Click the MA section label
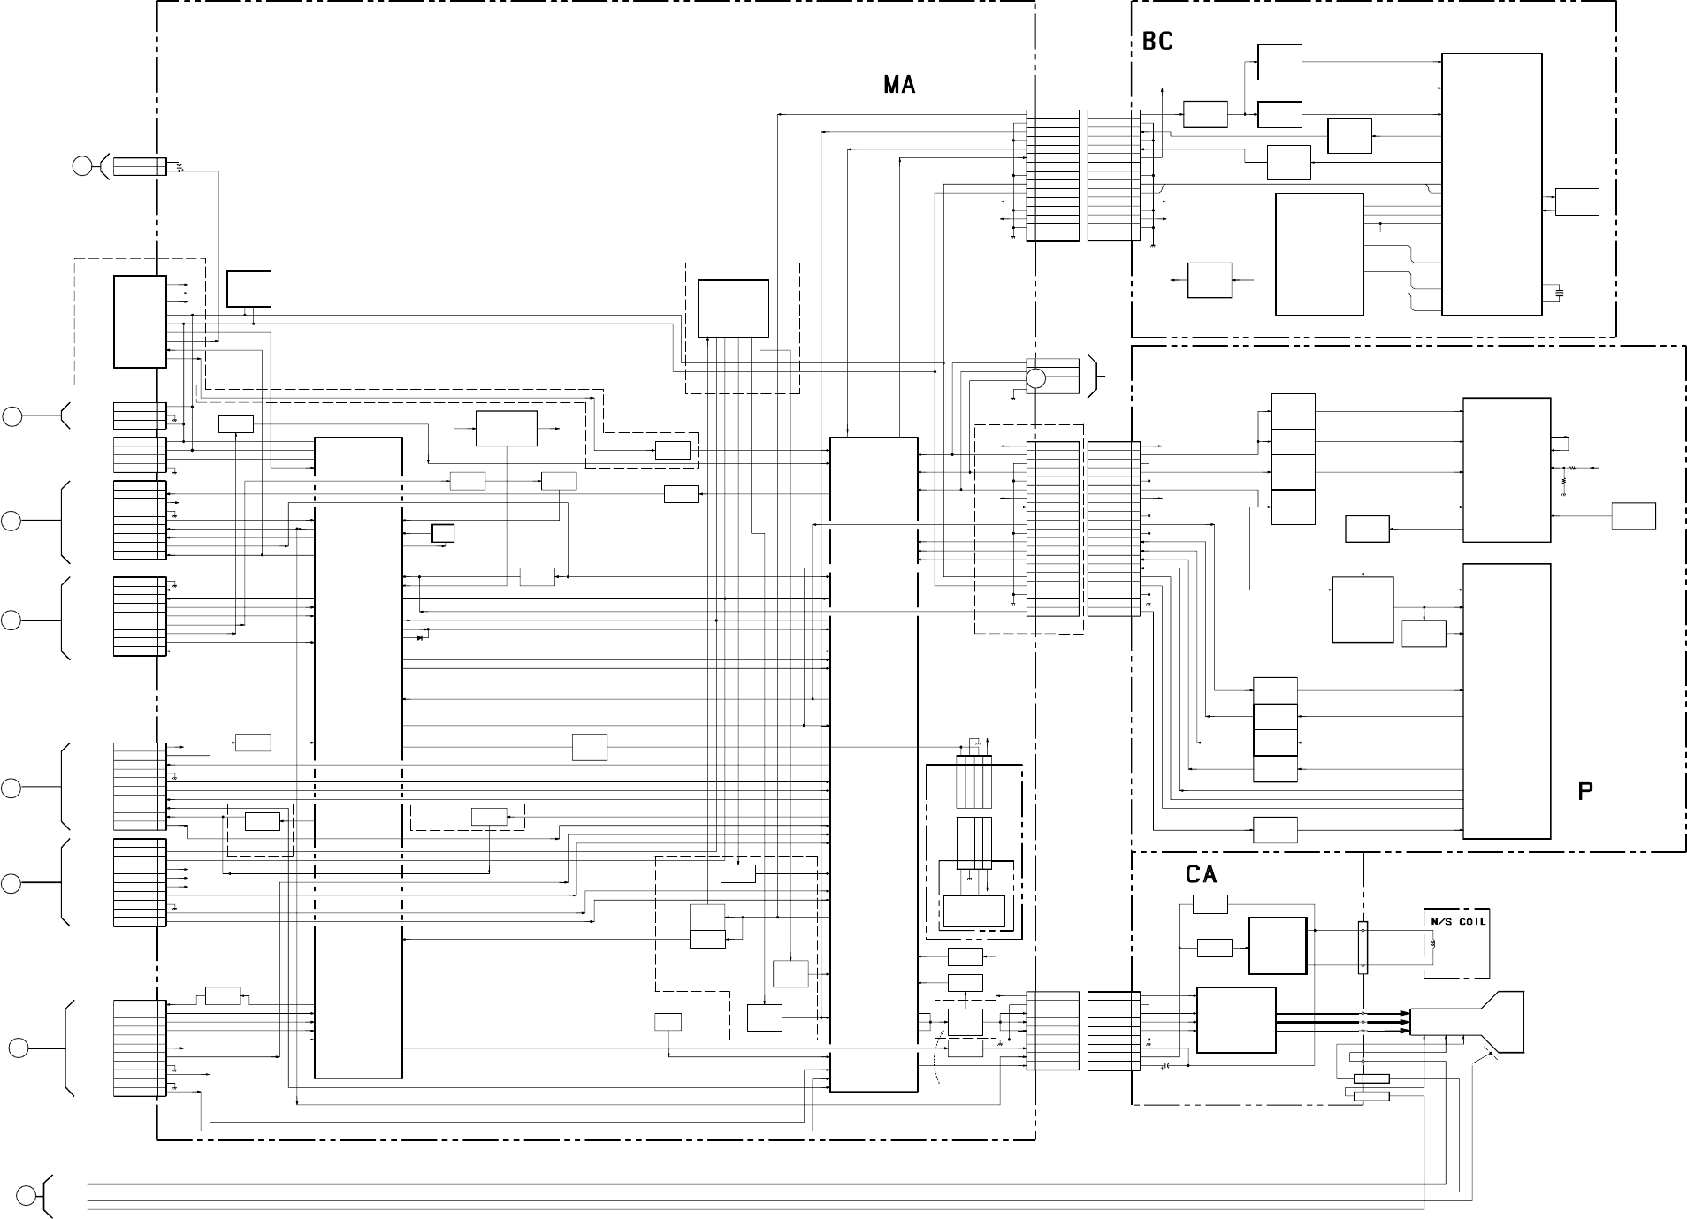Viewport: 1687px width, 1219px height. pos(899,85)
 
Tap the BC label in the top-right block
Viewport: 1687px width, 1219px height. pos(1157,42)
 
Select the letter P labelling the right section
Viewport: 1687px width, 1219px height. pos(1585,792)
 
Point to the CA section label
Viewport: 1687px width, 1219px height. pos(1201,874)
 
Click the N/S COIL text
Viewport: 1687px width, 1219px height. pos(1457,921)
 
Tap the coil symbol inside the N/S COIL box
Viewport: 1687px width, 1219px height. pos(1433,945)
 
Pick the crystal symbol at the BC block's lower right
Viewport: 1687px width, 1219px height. pos(1559,292)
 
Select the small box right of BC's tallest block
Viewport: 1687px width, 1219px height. pos(1576,202)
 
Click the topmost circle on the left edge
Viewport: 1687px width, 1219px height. pos(82,165)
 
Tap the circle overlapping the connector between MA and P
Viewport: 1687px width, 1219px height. pos(1035,378)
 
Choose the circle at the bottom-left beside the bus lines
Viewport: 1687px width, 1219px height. pos(27,1195)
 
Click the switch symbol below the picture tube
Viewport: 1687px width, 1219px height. pos(1483,1055)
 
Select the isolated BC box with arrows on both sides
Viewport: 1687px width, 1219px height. pos(1210,279)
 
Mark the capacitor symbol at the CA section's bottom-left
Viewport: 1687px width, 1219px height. pos(1166,1066)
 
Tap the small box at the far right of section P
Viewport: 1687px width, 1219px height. pos(1633,515)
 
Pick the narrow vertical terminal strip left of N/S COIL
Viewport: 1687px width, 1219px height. pos(1363,948)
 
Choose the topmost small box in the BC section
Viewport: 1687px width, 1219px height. pos(1279,62)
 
